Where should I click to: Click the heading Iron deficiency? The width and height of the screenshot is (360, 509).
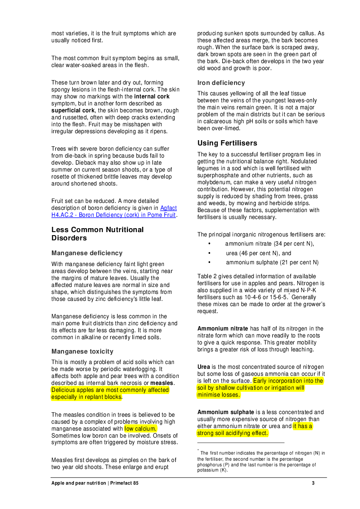[221, 83]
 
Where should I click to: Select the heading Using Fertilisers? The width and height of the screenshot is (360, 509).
[227, 143]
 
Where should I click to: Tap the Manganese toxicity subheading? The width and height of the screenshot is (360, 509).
[82, 351]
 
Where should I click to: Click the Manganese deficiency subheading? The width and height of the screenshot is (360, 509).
[87, 253]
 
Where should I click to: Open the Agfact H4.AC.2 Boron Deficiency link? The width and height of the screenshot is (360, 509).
[114, 211]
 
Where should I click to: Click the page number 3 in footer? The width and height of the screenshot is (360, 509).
[313, 483]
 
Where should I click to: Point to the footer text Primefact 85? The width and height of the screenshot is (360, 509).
[124, 483]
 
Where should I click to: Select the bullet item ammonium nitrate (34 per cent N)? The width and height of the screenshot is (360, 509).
[269, 244]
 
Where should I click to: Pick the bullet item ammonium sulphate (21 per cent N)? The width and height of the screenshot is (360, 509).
[272, 262]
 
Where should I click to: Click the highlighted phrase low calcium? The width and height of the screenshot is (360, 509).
[140, 429]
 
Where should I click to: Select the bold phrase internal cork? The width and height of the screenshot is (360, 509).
[152, 96]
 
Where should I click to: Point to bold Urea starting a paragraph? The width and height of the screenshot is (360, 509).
[204, 367]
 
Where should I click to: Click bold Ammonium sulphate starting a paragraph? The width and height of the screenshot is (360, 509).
[225, 412]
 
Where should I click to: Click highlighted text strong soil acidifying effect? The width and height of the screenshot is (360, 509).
[233, 433]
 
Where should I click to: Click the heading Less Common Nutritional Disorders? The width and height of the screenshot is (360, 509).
[98, 234]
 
